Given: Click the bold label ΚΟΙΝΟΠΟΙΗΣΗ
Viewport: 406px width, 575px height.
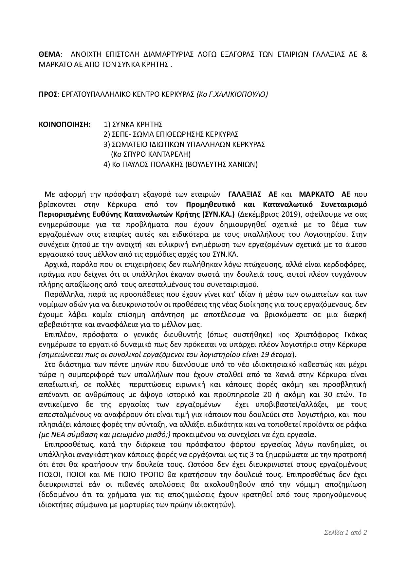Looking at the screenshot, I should click(65, 124).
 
